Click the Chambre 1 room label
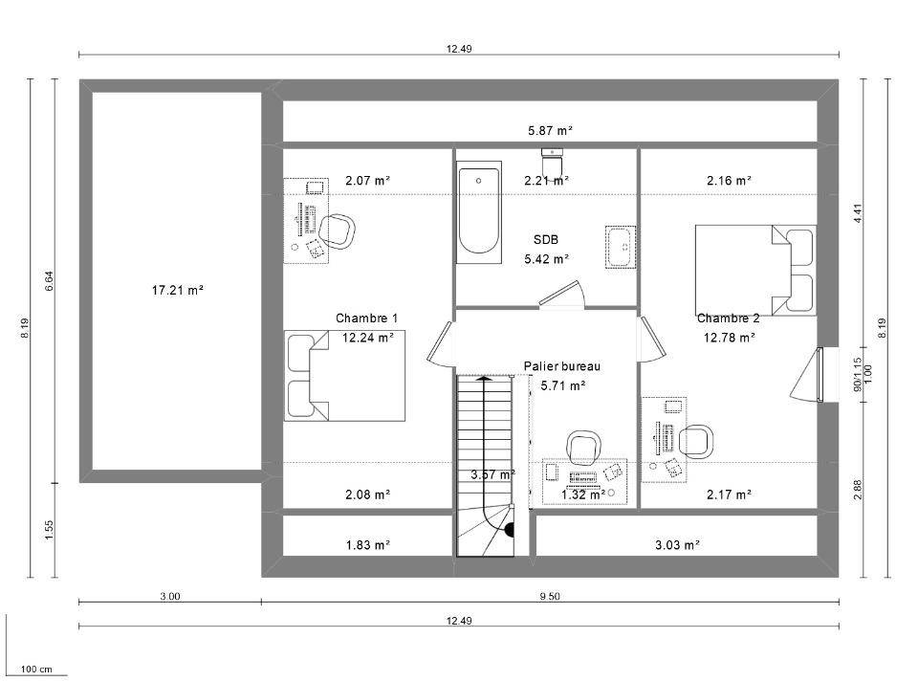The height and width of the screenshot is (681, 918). pos(366,318)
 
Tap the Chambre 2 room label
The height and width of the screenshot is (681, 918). pos(729,318)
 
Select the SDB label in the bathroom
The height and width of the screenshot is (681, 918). pos(546,239)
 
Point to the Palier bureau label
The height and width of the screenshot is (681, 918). pos(562,366)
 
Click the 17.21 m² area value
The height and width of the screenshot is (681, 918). pos(178,289)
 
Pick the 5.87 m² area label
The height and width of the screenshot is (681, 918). pos(550,130)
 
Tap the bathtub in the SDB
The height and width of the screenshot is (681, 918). pos(479,212)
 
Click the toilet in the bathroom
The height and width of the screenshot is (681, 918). pos(552,161)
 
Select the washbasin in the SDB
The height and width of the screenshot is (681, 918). pos(621,247)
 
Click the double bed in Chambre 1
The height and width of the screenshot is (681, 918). pos(345,375)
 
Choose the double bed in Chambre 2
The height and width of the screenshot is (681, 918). pos(755,270)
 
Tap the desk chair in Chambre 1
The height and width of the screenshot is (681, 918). pos(338,231)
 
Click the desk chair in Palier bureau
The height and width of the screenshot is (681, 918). pos(583,448)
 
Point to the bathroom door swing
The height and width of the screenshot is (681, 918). pos(562,294)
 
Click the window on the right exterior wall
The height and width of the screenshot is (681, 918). pos(820,375)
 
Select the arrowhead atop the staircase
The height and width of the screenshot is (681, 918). pos(484,378)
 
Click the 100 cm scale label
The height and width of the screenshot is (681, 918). pos(36,669)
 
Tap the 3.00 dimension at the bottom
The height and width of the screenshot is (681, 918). pos(170,596)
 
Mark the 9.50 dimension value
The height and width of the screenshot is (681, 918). pos(550,596)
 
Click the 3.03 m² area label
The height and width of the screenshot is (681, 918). pos(677,544)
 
